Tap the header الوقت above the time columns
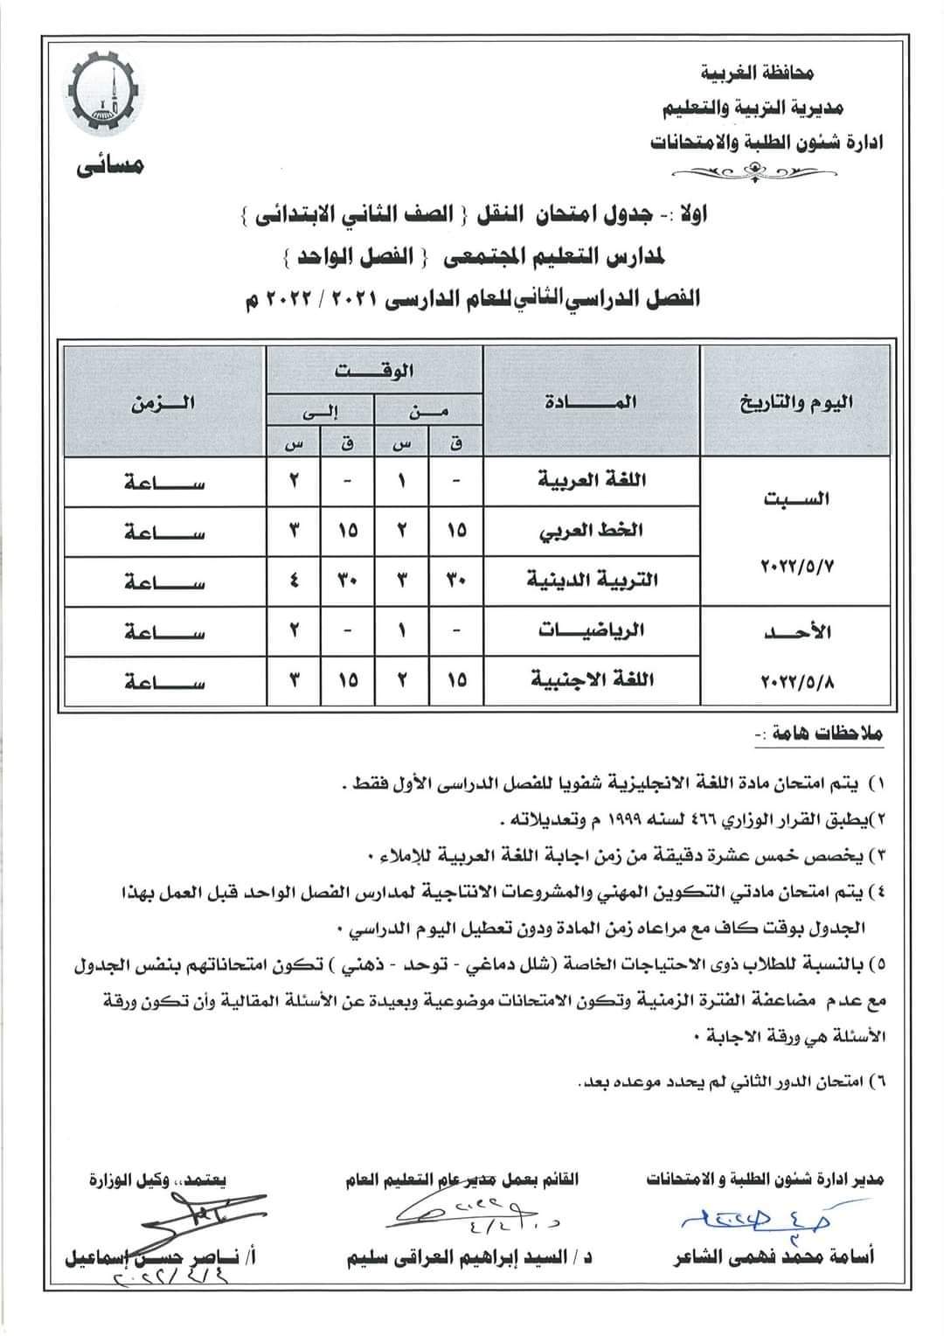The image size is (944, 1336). [x=374, y=370]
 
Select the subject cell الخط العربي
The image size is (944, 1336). [x=593, y=530]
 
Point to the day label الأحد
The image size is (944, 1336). [x=796, y=632]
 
